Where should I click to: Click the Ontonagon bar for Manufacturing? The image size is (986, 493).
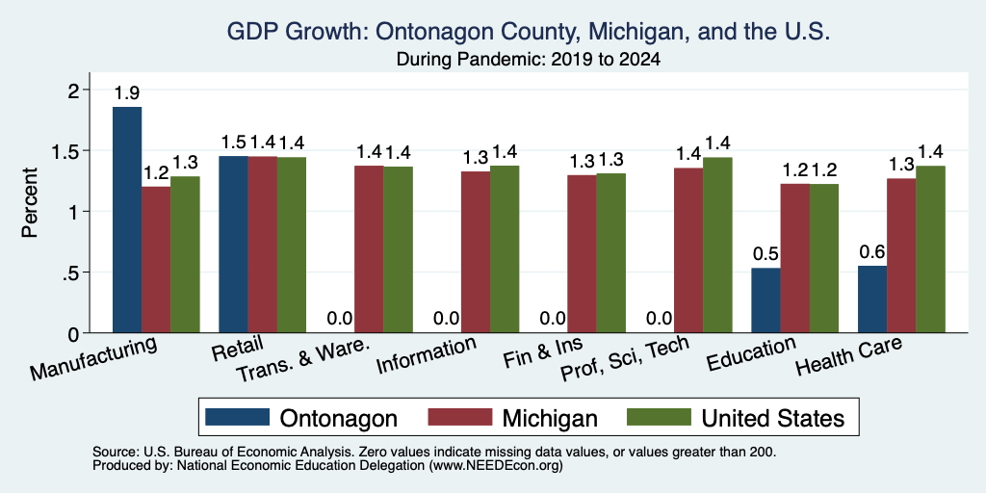(x=127, y=220)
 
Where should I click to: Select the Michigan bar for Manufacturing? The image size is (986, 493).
(x=156, y=260)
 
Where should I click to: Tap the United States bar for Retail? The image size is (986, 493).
(x=292, y=245)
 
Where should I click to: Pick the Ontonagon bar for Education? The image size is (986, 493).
(x=765, y=300)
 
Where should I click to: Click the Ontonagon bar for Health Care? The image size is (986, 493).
(x=872, y=299)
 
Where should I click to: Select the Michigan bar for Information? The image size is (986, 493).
(x=476, y=252)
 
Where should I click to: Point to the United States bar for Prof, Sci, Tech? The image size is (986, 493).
(x=717, y=246)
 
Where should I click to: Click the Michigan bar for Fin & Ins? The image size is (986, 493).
(x=582, y=254)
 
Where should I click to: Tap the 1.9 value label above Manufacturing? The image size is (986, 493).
(x=127, y=93)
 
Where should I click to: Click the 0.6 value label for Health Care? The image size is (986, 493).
(x=872, y=252)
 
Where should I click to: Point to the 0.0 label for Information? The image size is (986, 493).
(x=447, y=318)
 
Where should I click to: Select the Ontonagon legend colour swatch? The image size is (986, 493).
(x=238, y=416)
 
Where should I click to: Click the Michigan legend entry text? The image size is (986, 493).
(x=550, y=418)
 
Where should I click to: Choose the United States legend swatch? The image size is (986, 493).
(x=659, y=416)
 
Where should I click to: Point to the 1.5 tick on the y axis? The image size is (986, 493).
(x=71, y=151)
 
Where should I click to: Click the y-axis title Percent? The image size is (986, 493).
(x=30, y=202)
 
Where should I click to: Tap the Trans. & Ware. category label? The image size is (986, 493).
(x=300, y=361)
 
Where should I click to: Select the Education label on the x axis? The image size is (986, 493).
(x=751, y=354)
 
